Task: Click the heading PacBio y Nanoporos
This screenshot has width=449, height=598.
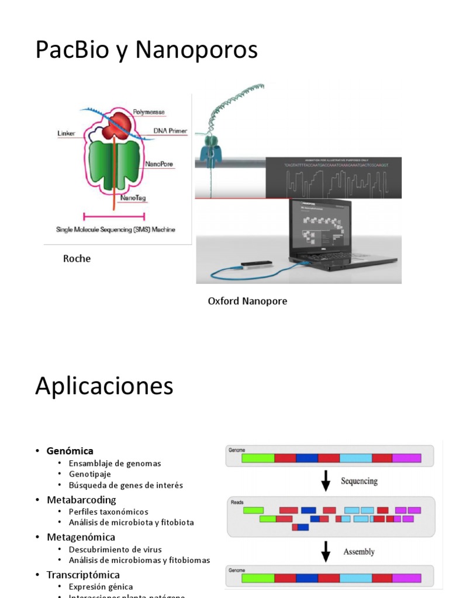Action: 146,50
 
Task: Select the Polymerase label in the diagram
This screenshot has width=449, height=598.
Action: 149,112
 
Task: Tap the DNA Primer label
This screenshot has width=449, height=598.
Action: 170,131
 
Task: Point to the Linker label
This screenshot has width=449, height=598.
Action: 67,133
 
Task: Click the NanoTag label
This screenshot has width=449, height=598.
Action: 133,199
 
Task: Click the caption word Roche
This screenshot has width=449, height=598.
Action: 77,259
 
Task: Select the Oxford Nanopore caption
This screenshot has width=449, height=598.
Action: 247,301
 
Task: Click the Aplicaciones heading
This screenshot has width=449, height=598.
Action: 104,387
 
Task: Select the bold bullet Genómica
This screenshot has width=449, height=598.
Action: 70,451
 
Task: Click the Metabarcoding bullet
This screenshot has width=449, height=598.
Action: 81,500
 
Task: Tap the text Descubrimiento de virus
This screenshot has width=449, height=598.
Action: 115,550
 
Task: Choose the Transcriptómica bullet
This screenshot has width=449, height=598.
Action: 83,575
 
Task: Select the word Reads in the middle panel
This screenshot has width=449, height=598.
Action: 237,502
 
